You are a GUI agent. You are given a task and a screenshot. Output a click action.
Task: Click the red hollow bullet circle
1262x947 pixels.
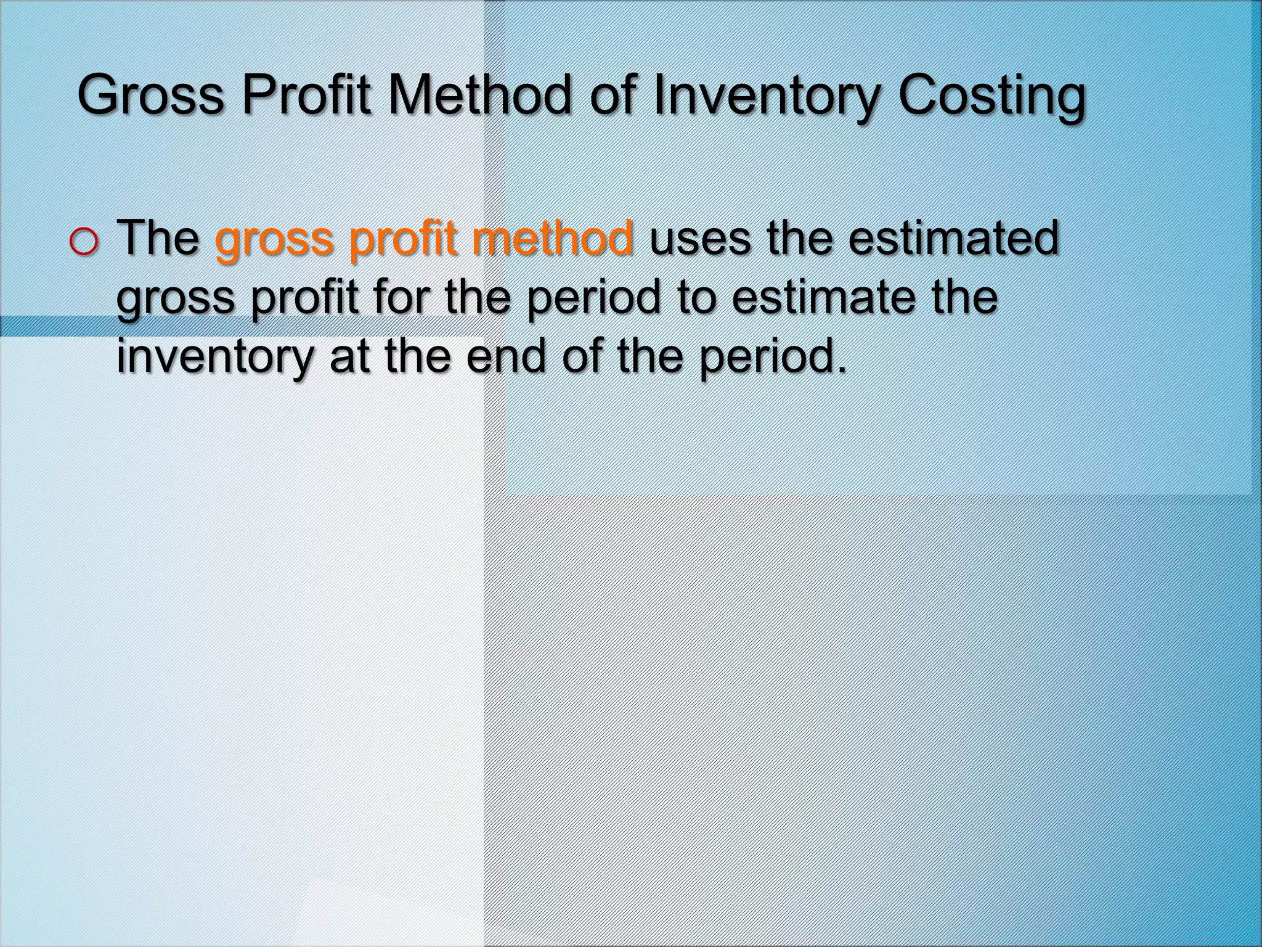(x=83, y=242)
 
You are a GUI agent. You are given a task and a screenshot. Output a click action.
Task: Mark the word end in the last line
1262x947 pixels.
(x=506, y=356)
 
